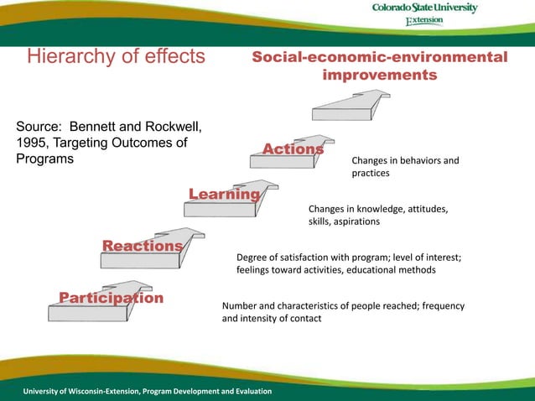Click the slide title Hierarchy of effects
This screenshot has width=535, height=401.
point(117,56)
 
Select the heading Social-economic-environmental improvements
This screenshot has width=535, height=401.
point(380,66)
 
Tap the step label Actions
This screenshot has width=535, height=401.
point(293,149)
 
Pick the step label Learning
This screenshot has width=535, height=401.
point(224,195)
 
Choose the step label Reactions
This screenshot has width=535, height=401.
point(142,245)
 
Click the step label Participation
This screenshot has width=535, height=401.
point(111,298)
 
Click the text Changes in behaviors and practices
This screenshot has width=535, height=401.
point(405,166)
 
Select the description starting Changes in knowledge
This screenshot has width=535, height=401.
point(378,215)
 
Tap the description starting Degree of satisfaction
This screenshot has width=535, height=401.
point(349,264)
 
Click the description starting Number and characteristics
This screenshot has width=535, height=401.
point(343,312)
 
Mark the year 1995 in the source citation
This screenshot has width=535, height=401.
point(33,143)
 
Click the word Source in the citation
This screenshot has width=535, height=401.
point(39,127)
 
